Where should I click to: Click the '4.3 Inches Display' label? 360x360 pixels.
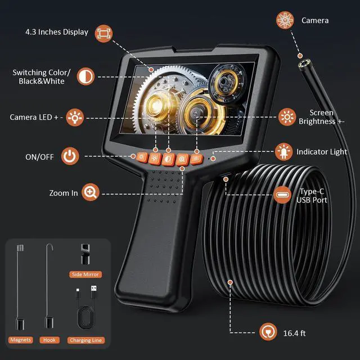click(x=57, y=32)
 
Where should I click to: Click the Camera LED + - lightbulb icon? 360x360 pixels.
click(x=74, y=118)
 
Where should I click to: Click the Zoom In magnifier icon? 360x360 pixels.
click(x=89, y=193)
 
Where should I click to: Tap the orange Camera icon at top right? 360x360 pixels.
click(x=285, y=20)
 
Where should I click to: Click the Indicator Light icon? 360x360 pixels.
click(x=282, y=152)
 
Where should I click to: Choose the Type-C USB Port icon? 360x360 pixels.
click(x=282, y=195)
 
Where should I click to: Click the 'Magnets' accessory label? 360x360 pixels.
click(x=20, y=340)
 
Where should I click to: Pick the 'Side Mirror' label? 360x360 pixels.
click(x=85, y=274)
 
